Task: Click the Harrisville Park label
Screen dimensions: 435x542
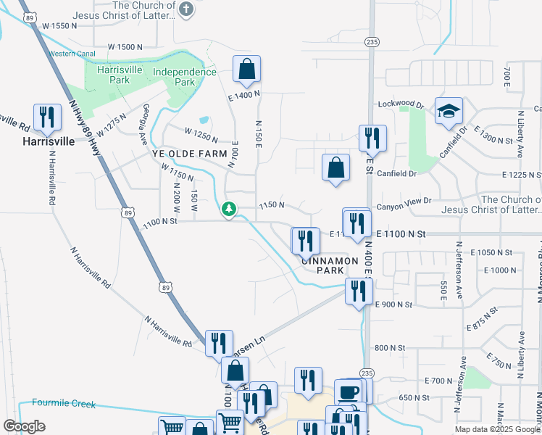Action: [108, 75]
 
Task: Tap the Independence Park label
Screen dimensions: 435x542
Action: [184, 77]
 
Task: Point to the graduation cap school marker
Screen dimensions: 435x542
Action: [449, 111]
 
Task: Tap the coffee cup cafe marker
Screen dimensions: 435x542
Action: [349, 392]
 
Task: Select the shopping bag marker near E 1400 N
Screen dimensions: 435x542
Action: [246, 70]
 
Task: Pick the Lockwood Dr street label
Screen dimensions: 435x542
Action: [401, 105]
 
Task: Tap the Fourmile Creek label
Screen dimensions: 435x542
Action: [63, 404]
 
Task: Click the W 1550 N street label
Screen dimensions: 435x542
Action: [60, 26]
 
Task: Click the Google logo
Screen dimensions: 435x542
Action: [24, 426]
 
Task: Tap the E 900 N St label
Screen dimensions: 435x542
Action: [394, 304]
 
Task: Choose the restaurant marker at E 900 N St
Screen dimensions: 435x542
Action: [359, 291]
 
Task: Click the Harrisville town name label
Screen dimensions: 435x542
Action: [47, 141]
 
